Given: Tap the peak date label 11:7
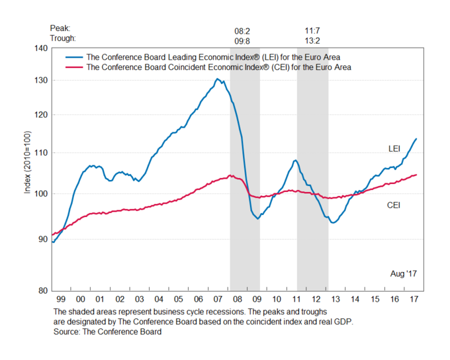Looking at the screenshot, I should tap(313, 30).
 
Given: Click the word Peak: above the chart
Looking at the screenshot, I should tap(60, 29).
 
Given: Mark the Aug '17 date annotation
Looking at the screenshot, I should tap(403, 273).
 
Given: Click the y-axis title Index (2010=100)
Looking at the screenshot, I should tap(28, 169).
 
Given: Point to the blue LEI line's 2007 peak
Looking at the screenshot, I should tap(217, 79).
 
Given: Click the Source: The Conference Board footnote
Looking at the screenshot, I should tap(107, 332).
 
